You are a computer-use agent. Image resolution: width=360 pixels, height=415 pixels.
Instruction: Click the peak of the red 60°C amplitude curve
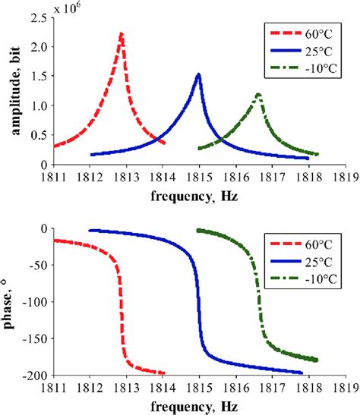point(122,34)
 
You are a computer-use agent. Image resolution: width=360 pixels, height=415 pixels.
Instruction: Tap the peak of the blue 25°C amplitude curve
point(199,74)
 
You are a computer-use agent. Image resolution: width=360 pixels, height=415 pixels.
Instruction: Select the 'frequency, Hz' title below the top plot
point(201,195)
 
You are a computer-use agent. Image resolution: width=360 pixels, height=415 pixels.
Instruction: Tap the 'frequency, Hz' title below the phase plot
point(201,406)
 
